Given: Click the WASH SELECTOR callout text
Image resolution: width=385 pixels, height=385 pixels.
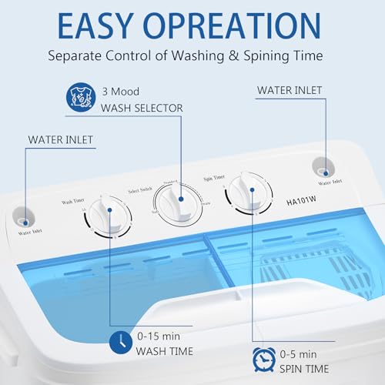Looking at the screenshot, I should (142, 108).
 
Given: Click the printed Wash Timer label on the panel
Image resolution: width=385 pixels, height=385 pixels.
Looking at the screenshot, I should (74, 202).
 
